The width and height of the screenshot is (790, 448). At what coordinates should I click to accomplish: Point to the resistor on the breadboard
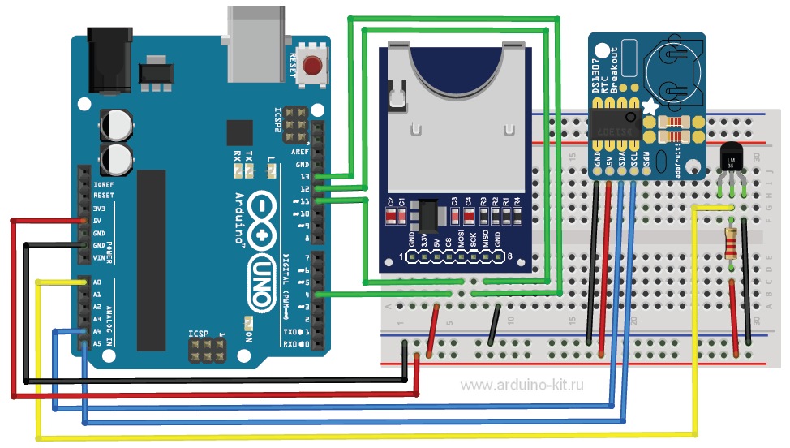tap(732, 243)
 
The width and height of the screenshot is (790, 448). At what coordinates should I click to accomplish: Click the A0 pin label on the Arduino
tap(97, 282)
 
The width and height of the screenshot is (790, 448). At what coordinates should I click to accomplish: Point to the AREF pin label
tap(301, 151)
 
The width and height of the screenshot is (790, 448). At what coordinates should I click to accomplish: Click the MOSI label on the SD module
tap(461, 241)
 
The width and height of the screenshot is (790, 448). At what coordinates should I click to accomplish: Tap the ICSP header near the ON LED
tap(206, 351)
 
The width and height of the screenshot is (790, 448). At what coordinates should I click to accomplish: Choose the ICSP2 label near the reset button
tap(278, 119)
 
